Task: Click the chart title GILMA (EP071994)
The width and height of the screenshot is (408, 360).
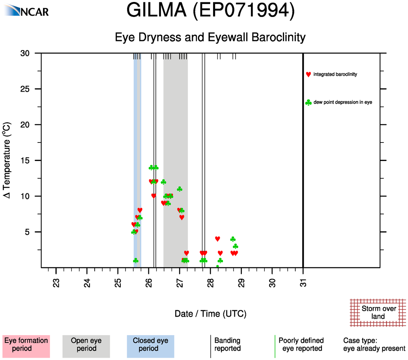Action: pyautogui.click(x=210, y=11)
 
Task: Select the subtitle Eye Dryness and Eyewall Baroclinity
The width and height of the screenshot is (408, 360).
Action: pyautogui.click(x=210, y=37)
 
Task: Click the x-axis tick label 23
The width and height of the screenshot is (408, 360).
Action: pyautogui.click(x=56, y=283)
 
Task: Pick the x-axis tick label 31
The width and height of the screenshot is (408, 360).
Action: pyautogui.click(x=303, y=283)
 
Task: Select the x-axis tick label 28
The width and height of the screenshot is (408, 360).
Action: pyautogui.click(x=211, y=283)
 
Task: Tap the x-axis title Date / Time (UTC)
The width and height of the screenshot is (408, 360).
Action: pyautogui.click(x=210, y=314)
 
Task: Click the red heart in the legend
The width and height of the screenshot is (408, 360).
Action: pyautogui.click(x=308, y=74)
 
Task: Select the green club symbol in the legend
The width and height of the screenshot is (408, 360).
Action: pyautogui.click(x=308, y=103)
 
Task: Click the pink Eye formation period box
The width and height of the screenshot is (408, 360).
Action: pyautogui.click(x=26, y=345)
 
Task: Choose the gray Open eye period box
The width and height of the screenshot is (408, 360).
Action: pyautogui.click(x=86, y=345)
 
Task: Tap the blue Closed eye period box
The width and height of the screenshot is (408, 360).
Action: pyautogui.click(x=150, y=345)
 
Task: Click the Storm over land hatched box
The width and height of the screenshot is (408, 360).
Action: pyautogui.click(x=378, y=312)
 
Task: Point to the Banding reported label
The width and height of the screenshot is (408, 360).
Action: pyautogui.click(x=227, y=345)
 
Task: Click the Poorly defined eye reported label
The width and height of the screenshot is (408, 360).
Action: pyautogui.click(x=301, y=345)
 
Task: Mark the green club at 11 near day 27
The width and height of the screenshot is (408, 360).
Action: pyautogui.click(x=180, y=189)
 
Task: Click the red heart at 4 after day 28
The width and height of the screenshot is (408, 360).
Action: pyautogui.click(x=217, y=239)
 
